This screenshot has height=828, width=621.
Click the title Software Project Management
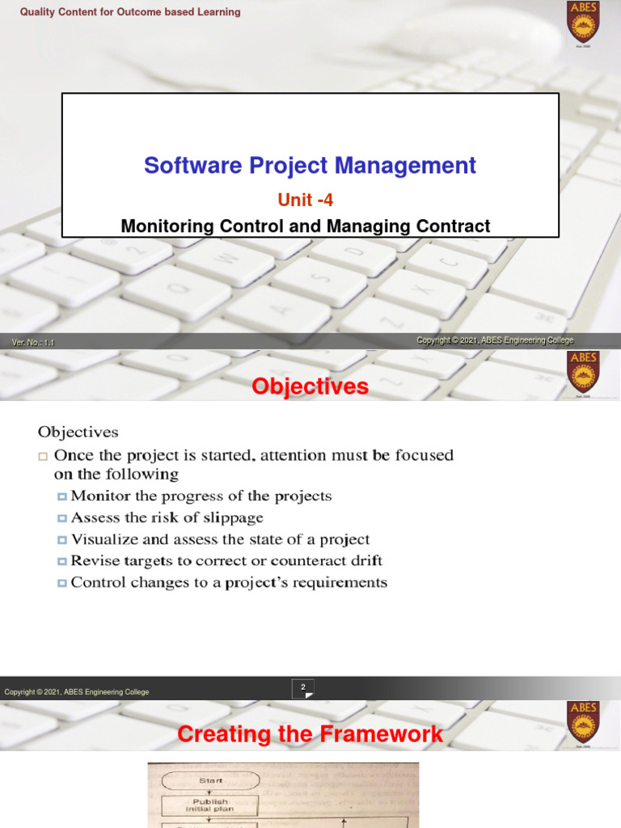pyautogui.click(x=310, y=166)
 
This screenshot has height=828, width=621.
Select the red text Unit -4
pyautogui.click(x=305, y=201)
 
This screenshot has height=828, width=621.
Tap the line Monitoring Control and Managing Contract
pyautogui.click(x=305, y=226)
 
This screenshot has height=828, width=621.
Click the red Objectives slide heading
pyautogui.click(x=310, y=387)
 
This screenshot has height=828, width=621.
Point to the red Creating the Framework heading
pyautogui.click(x=310, y=734)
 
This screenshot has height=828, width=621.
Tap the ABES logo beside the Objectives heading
pyautogui.click(x=583, y=373)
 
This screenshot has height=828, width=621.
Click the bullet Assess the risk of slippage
pyautogui.click(x=167, y=517)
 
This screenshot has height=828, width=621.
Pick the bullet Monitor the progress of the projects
pyautogui.click(x=201, y=496)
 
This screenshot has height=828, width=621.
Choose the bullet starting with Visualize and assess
pyautogui.click(x=220, y=539)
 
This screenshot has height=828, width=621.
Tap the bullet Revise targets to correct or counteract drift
pyautogui.click(x=226, y=560)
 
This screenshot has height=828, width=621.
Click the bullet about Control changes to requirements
pyautogui.click(x=229, y=582)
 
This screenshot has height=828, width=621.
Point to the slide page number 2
pyautogui.click(x=303, y=687)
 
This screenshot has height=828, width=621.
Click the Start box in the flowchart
pyautogui.click(x=210, y=780)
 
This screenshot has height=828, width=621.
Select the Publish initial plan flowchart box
pyautogui.click(x=209, y=806)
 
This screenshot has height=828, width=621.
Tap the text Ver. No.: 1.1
pyautogui.click(x=33, y=343)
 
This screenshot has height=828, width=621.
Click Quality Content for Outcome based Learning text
pyautogui.click(x=130, y=12)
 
